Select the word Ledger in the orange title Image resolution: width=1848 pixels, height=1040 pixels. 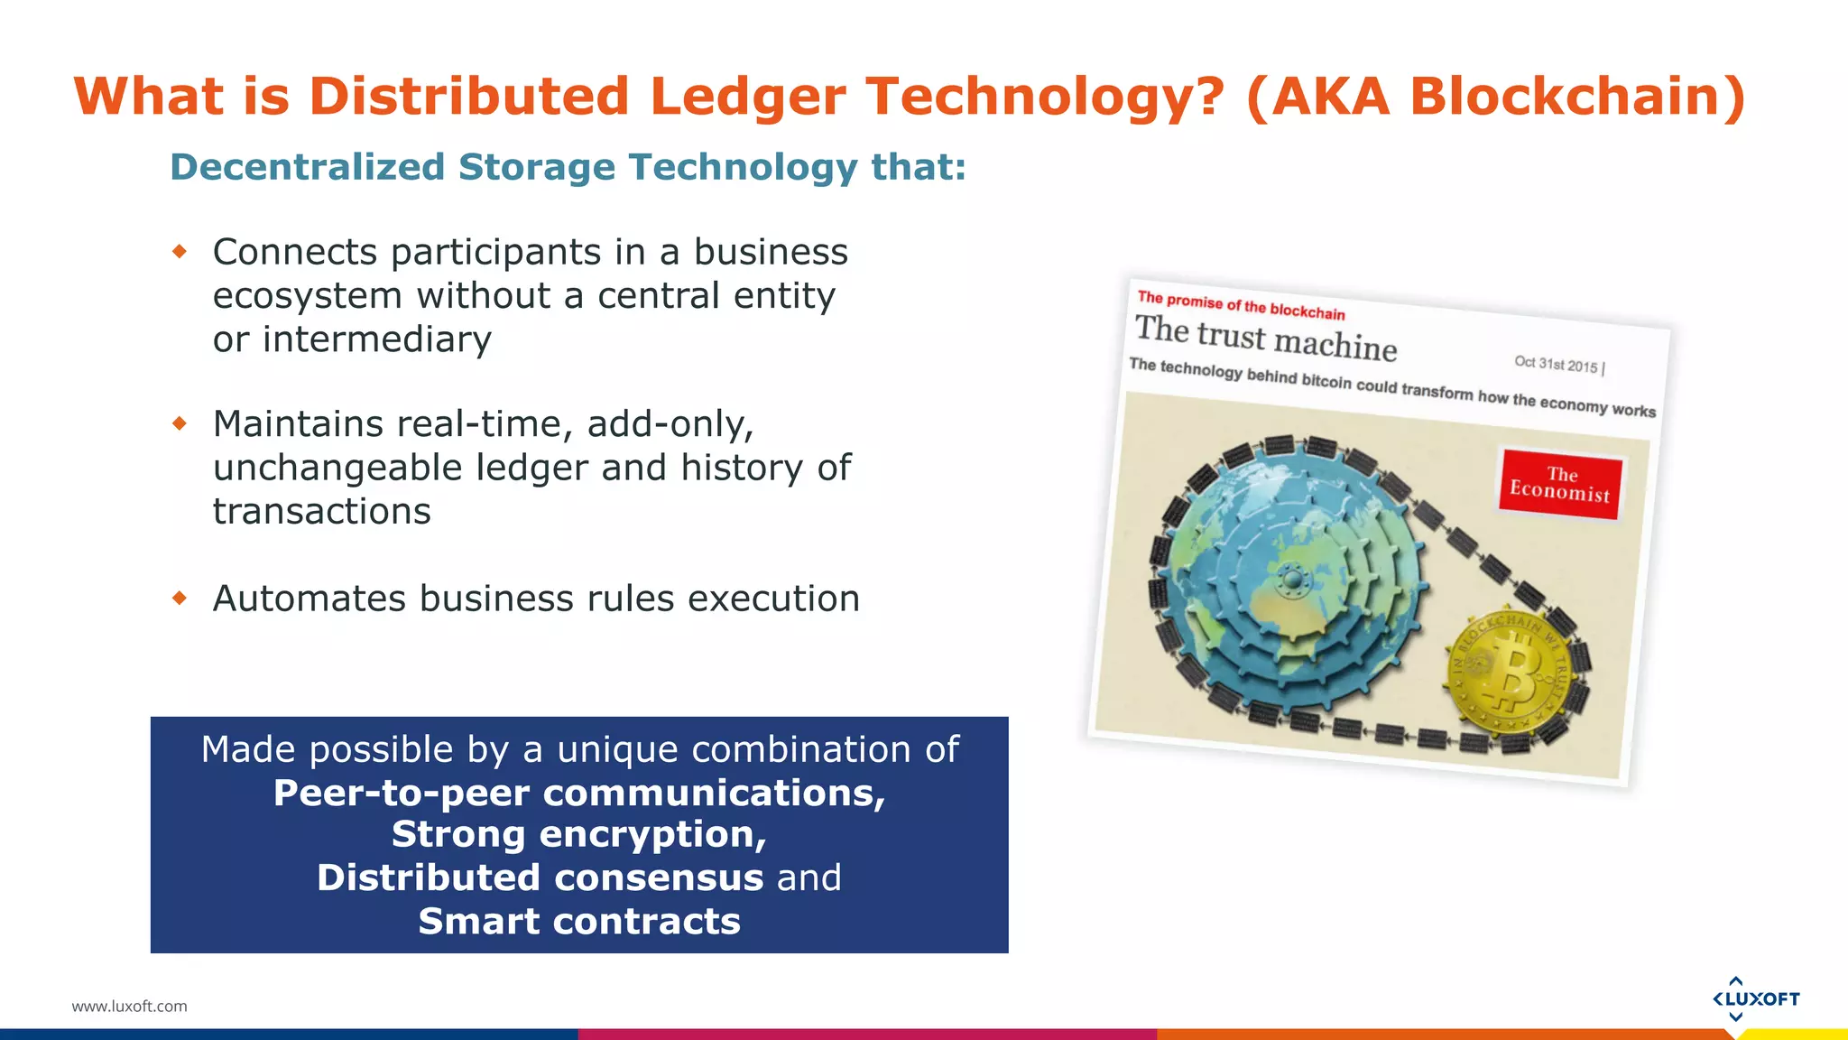coord(747,97)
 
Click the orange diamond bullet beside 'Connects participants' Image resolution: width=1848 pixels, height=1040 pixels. coord(180,251)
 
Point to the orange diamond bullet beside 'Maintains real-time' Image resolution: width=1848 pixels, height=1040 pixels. coord(180,422)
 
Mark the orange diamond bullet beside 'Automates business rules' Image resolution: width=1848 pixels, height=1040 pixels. coord(180,598)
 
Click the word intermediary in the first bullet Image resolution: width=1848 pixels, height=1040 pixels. coord(377,339)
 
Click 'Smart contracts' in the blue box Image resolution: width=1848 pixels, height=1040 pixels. coord(579,922)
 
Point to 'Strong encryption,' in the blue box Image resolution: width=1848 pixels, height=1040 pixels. coord(579,834)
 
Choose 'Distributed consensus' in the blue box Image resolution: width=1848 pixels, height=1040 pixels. coord(540,877)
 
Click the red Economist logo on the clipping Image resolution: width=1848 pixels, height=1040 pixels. coord(1560,484)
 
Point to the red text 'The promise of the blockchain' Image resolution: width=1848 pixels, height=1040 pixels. coord(1241,305)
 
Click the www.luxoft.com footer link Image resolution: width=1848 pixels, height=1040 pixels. coord(129,1006)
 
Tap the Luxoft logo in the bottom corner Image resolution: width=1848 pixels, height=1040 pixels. coord(1755,998)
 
